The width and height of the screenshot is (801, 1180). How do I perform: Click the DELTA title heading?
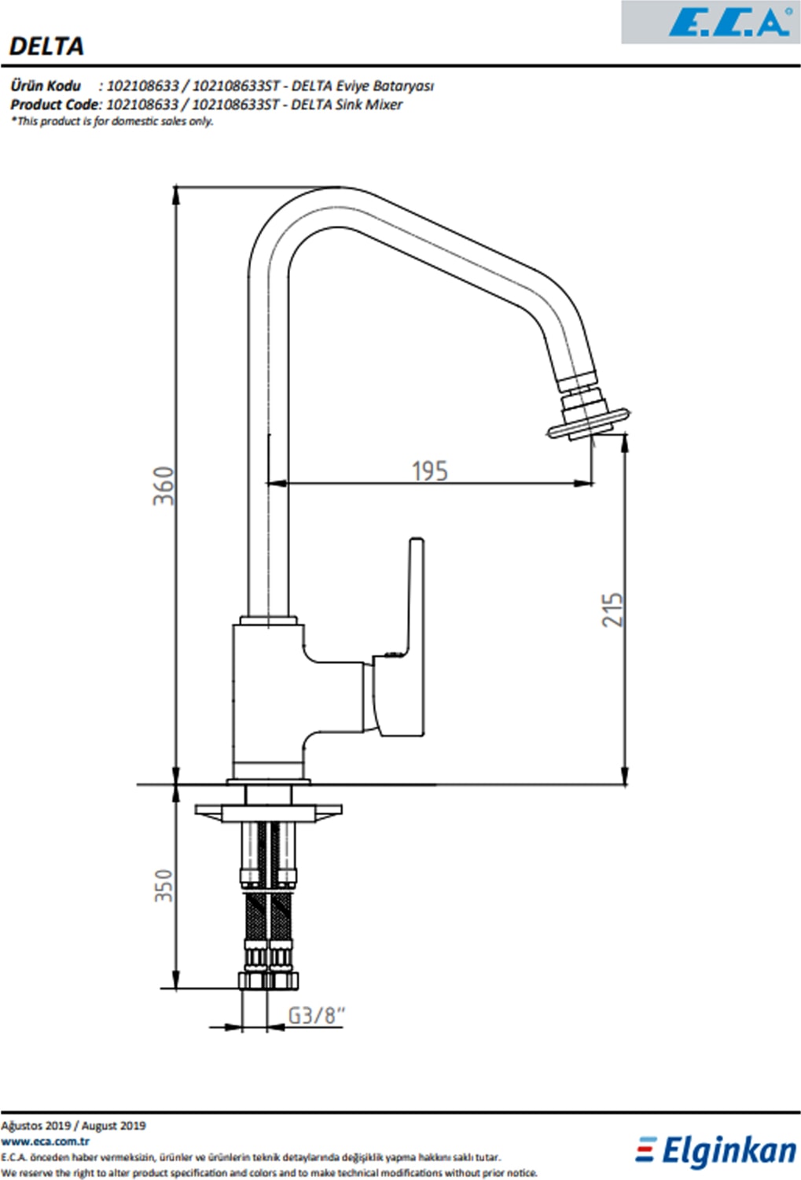[x=46, y=46]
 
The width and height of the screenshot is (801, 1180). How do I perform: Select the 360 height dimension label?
[x=164, y=485]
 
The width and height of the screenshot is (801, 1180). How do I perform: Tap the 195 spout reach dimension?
[x=429, y=471]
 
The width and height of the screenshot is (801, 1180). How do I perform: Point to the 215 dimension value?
[x=612, y=610]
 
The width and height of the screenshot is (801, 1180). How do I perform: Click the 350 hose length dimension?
[x=164, y=886]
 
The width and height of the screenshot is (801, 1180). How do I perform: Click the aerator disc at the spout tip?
[x=589, y=423]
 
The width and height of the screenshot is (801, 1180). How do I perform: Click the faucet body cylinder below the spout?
[x=268, y=701]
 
